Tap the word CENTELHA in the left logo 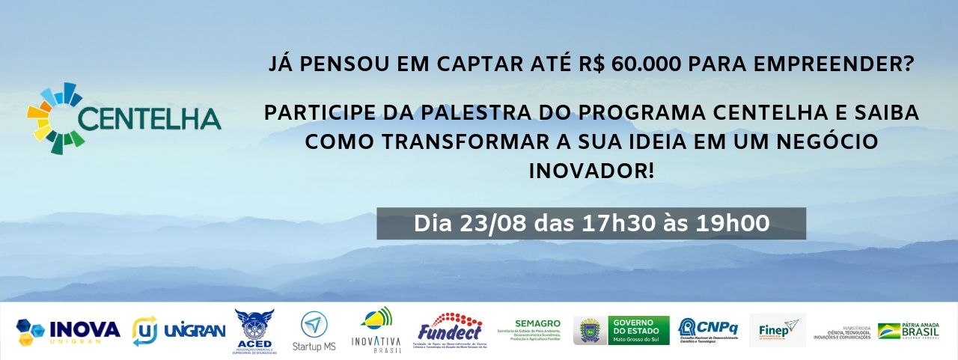click(x=150, y=118)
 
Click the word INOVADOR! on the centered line click(x=591, y=171)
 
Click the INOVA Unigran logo click(x=68, y=330)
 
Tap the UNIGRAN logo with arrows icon click(x=178, y=330)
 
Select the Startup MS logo click(x=314, y=330)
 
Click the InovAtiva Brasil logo click(x=376, y=330)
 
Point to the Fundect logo click(x=449, y=330)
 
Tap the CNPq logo click(x=707, y=330)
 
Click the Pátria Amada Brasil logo click(x=909, y=330)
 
